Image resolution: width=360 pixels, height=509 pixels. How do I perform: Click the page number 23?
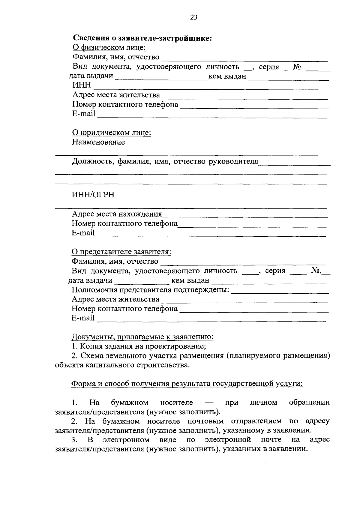pyautogui.click(x=194, y=17)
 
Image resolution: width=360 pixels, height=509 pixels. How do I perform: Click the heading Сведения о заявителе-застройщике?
pyautogui.click(x=142, y=38)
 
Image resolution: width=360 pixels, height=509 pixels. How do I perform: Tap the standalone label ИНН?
pyautogui.click(x=82, y=85)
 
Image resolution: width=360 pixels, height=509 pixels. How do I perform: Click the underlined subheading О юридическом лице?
pyautogui.click(x=111, y=133)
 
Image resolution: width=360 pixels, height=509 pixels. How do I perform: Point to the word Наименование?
pyautogui.click(x=98, y=142)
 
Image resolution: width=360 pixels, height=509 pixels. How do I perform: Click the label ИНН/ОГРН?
pyautogui.click(x=93, y=195)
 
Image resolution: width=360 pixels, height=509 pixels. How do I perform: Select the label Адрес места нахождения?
pyautogui.click(x=117, y=214)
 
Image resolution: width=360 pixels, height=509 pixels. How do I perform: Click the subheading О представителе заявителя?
pyautogui.click(x=121, y=252)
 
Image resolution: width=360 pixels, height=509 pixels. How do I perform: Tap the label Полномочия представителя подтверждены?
pyautogui.click(x=150, y=290)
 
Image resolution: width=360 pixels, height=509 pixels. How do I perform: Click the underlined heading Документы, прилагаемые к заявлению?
pyautogui.click(x=142, y=337)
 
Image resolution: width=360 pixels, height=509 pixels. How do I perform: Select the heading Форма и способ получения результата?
pyautogui.click(x=187, y=384)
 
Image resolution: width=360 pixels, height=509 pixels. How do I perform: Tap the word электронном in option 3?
pyautogui.click(x=126, y=440)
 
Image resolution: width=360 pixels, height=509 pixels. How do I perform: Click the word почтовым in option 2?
pyautogui.click(x=207, y=421)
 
